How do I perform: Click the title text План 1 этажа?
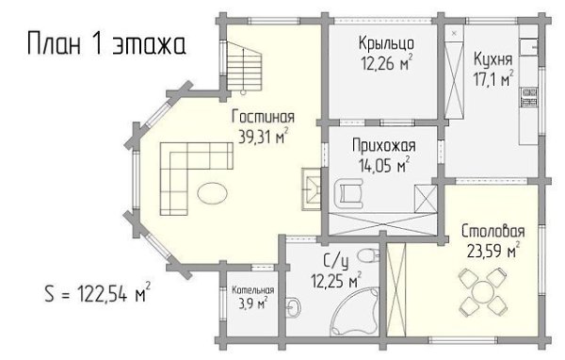[x=106, y=43]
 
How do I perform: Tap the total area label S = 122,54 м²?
[x=98, y=292]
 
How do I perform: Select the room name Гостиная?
[x=263, y=117]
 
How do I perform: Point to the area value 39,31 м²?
[x=264, y=136]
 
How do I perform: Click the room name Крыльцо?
[x=386, y=43]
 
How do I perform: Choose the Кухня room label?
[x=492, y=59]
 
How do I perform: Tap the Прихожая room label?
[x=384, y=146]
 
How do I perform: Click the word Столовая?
[x=492, y=231]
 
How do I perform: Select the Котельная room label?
[x=253, y=290]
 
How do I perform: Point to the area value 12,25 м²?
[x=336, y=280]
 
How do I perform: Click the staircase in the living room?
[x=244, y=67]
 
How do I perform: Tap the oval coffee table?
[x=212, y=193]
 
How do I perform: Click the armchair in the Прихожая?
[x=348, y=194]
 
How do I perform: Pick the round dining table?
[x=483, y=292]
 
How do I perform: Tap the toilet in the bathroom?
[x=368, y=255]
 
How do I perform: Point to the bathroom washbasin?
[x=293, y=307]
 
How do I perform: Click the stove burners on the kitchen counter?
[x=529, y=97]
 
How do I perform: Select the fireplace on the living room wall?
[x=312, y=189]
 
